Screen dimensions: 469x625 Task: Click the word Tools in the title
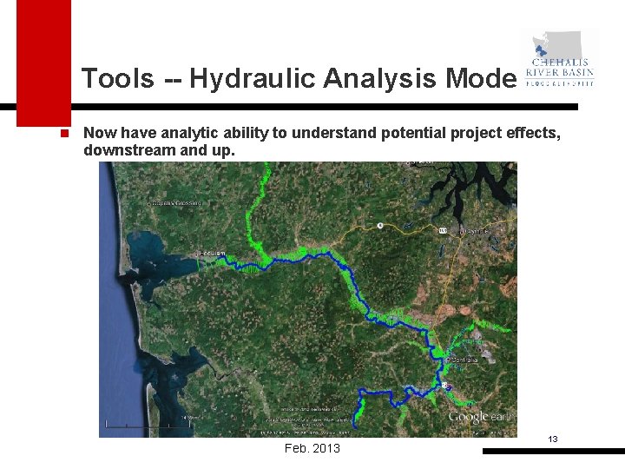click(117, 79)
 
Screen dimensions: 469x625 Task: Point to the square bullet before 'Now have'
click(64, 134)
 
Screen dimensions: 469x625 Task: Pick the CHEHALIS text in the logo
click(561, 63)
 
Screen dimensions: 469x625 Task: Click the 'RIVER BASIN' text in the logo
click(561, 73)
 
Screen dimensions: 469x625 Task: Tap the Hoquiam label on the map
click(212, 253)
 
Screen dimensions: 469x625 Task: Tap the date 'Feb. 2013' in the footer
click(312, 448)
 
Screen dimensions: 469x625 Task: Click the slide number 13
click(552, 439)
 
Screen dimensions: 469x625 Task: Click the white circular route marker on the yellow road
click(380, 226)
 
